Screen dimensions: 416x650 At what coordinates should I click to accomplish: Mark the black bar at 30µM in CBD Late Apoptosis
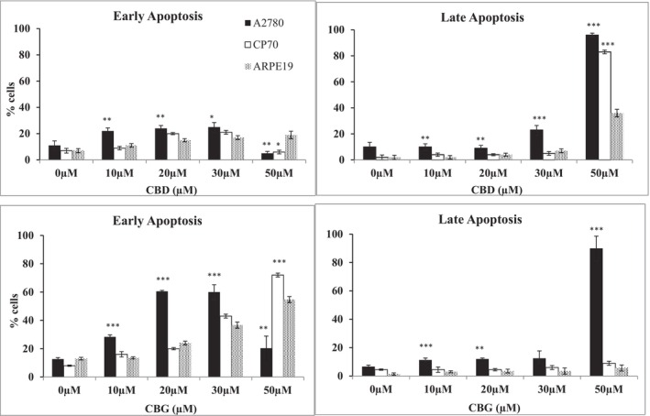536,144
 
